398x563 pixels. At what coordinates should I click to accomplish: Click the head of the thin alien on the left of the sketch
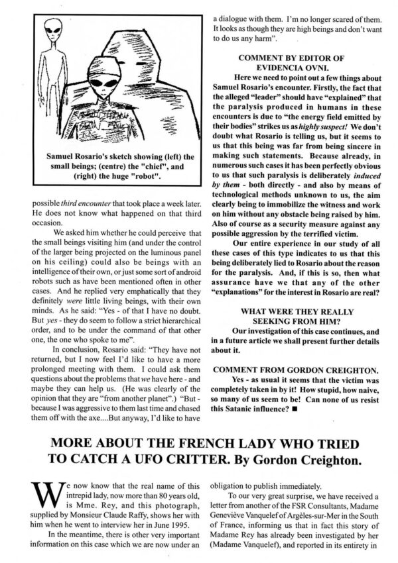(52, 29)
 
